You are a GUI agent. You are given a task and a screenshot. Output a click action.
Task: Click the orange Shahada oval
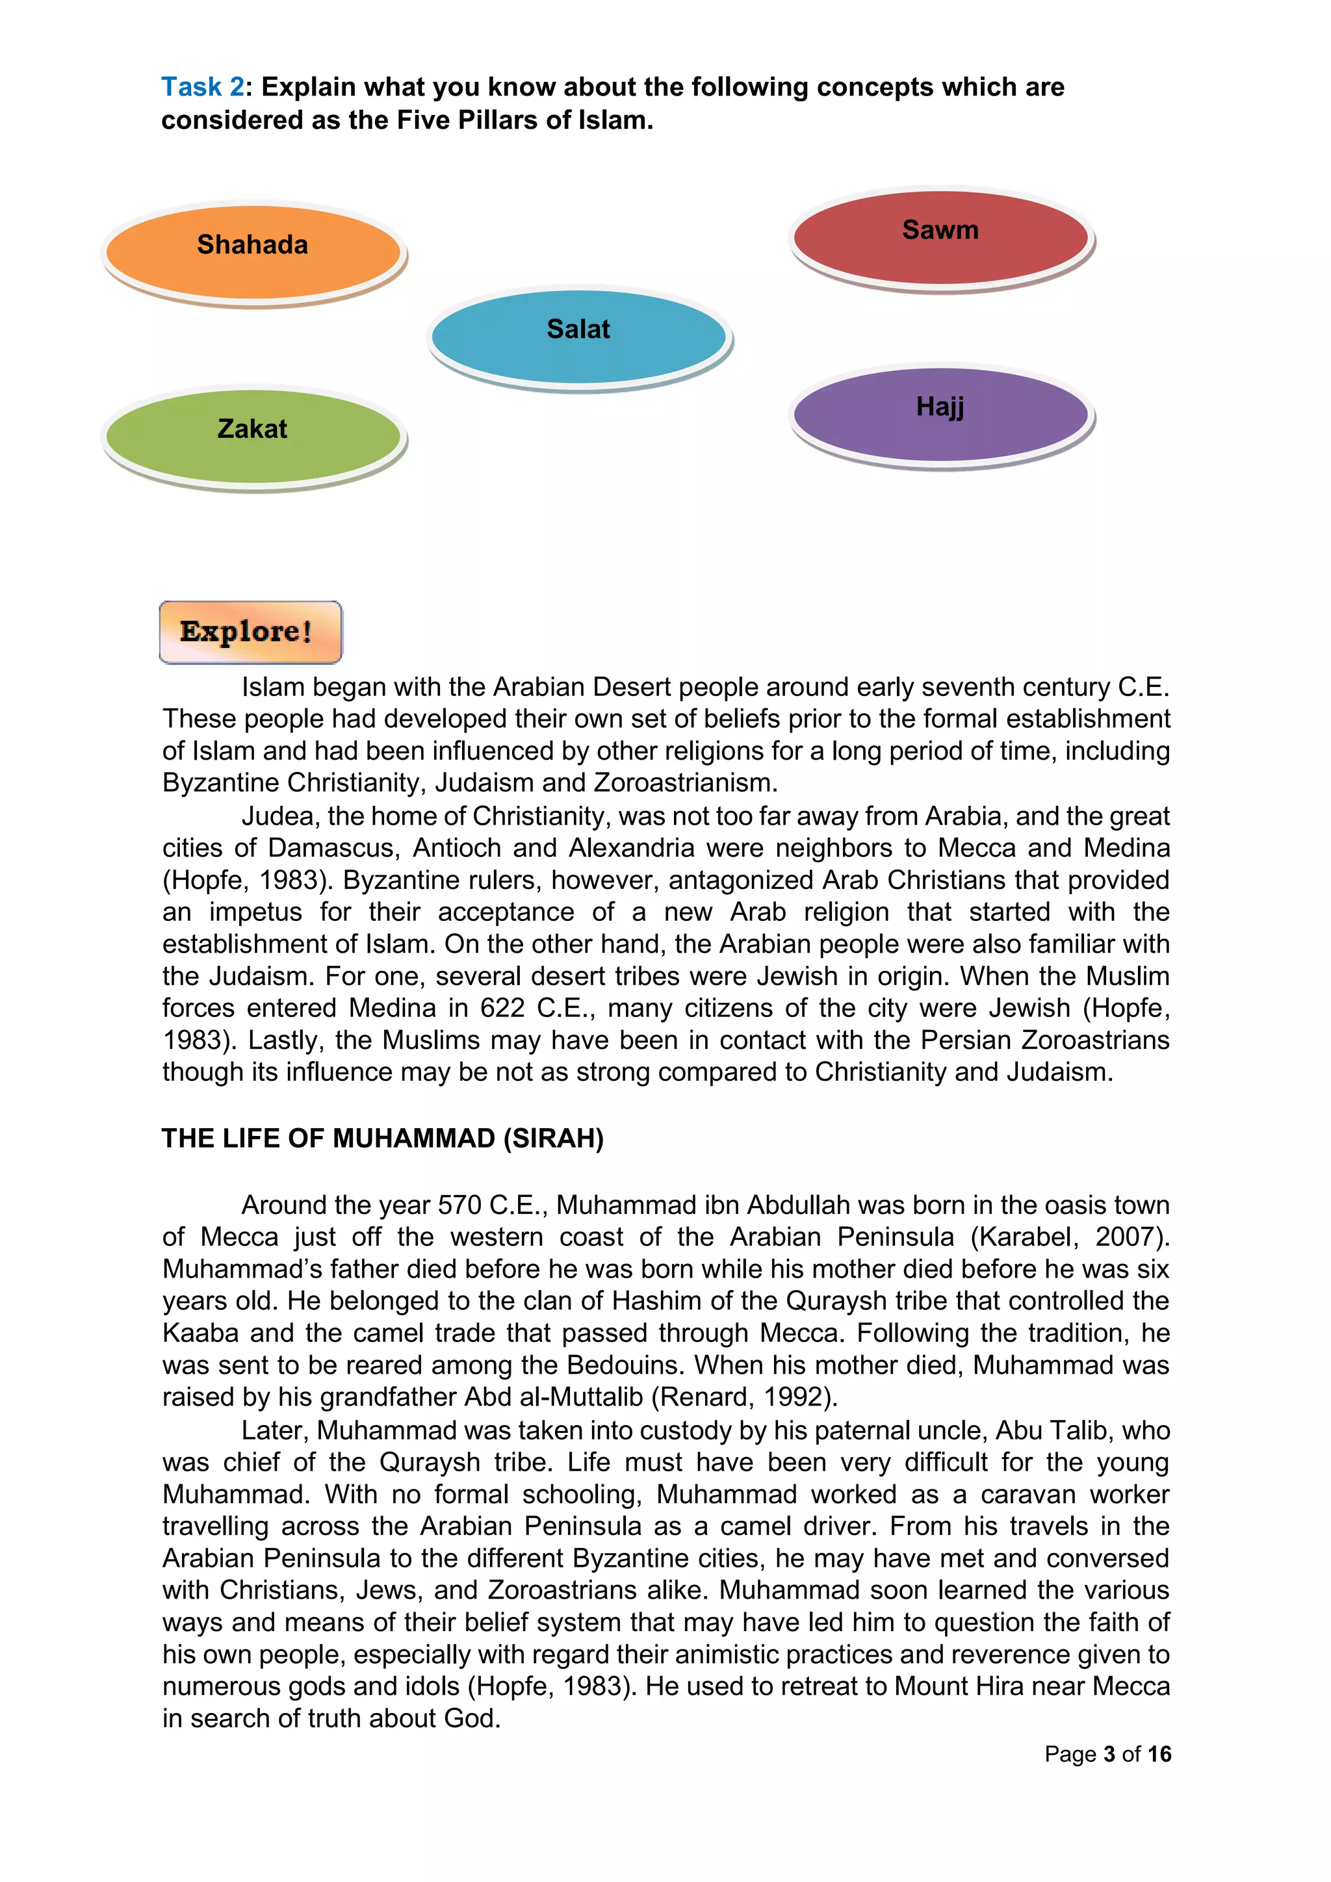(252, 252)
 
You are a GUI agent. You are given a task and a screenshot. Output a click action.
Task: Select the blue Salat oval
(578, 336)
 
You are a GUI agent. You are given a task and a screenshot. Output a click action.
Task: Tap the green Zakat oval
(252, 436)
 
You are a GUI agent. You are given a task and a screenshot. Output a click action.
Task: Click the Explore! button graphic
(250, 632)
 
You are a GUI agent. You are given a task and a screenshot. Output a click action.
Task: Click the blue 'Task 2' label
(202, 87)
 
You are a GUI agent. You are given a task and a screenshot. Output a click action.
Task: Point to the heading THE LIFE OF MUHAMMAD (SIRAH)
(382, 1138)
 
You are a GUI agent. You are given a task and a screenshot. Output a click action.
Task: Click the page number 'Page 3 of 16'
(1107, 1754)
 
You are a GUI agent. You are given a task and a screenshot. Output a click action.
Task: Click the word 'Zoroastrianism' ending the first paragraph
(684, 783)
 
